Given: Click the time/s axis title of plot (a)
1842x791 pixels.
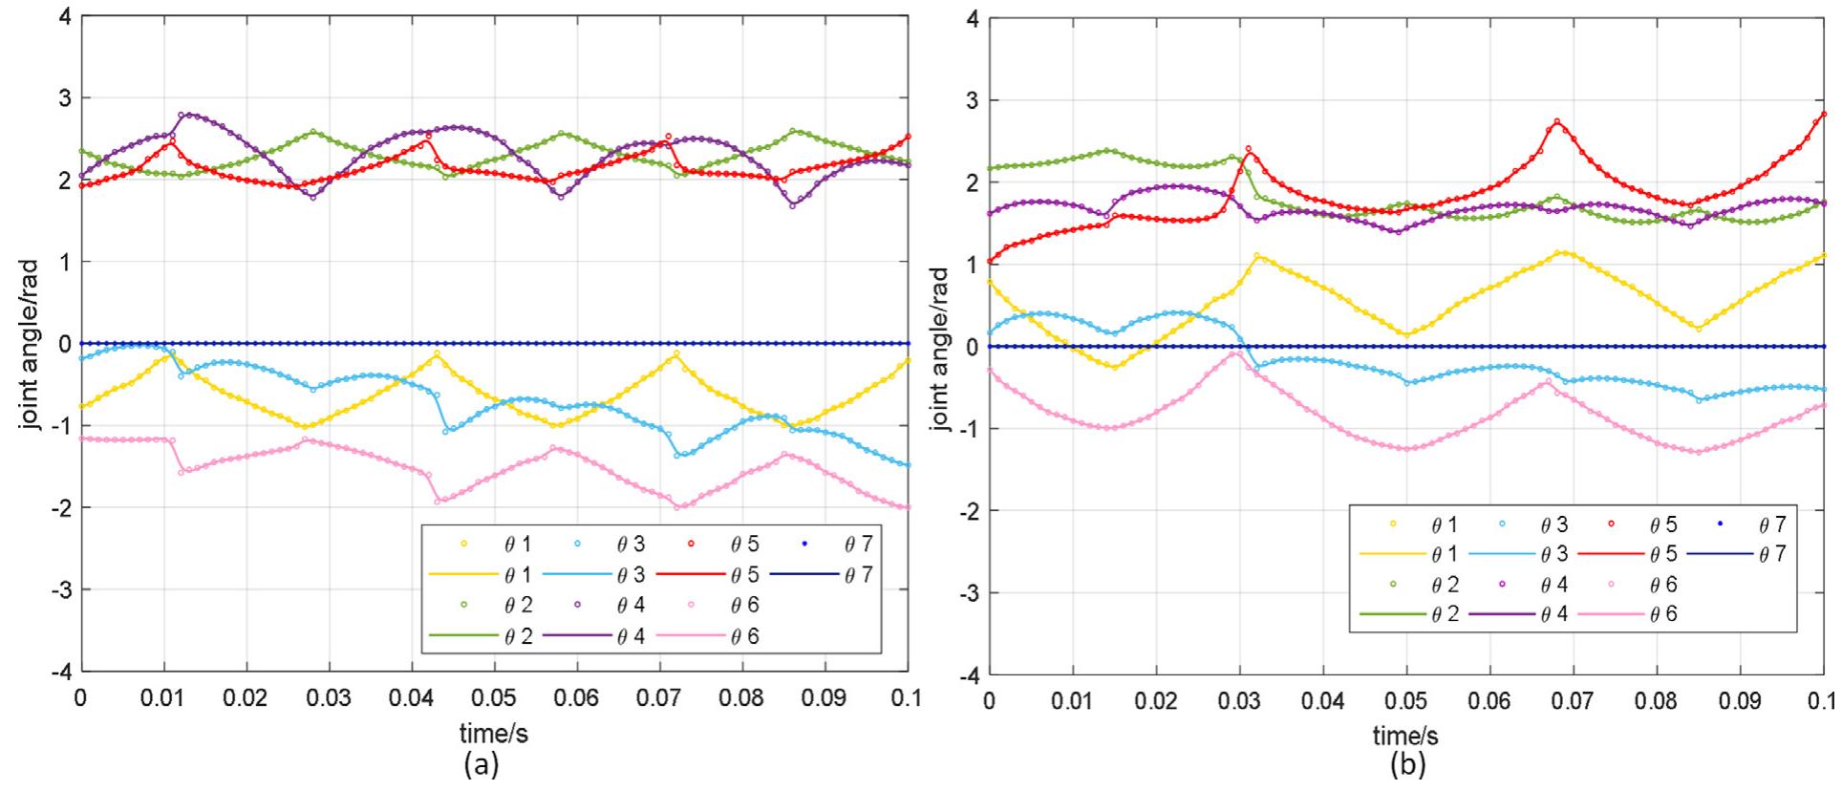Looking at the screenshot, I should [x=494, y=734].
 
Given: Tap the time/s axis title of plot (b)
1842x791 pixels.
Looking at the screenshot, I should [x=1405, y=737].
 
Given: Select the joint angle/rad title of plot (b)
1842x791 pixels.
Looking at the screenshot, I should [x=939, y=349].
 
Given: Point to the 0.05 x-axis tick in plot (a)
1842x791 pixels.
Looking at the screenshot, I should [x=494, y=699].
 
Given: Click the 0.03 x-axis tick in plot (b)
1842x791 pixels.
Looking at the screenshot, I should [x=1239, y=702].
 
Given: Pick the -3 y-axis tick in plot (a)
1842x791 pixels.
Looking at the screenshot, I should [x=60, y=589].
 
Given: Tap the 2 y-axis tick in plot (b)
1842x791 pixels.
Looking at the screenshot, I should [x=972, y=182].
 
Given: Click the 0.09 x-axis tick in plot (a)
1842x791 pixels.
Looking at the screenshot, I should [x=825, y=699].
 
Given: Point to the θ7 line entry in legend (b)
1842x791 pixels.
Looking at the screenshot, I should [x=1737, y=554].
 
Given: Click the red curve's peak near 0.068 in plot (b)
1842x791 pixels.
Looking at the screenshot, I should [x=1557, y=121].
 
